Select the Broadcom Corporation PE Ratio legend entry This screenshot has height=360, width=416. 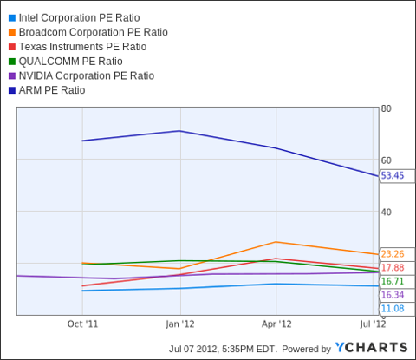pyautogui.click(x=94, y=32)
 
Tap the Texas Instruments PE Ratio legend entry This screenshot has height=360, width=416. pyautogui.click(x=83, y=47)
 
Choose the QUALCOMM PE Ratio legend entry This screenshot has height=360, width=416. pyautogui.click(x=71, y=62)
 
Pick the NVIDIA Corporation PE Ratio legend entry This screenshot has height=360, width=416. pyautogui.click(x=91, y=75)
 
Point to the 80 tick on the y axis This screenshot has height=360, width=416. pyautogui.click(x=387, y=108)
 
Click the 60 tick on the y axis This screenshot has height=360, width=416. pyautogui.click(x=387, y=160)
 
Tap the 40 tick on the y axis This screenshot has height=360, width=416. pyautogui.click(x=387, y=213)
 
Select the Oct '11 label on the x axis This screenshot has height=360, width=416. pyautogui.click(x=82, y=324)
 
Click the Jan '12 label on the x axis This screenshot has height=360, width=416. pyautogui.click(x=179, y=324)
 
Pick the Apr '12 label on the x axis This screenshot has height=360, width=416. pyautogui.click(x=276, y=324)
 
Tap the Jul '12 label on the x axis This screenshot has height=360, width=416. pyautogui.click(x=373, y=324)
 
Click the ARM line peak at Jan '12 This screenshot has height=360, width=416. pyautogui.click(x=179, y=131)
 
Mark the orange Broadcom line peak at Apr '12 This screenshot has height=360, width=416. pyautogui.click(x=276, y=242)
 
